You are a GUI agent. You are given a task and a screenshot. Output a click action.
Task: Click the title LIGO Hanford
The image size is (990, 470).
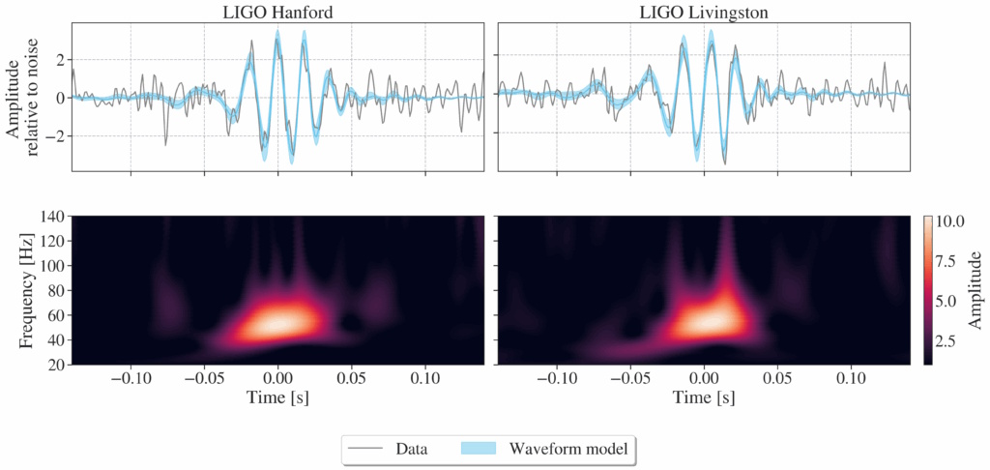tap(277, 11)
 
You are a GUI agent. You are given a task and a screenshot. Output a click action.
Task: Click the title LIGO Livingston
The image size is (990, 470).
tap(704, 11)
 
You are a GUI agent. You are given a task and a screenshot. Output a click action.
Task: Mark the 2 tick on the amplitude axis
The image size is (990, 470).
tap(59, 59)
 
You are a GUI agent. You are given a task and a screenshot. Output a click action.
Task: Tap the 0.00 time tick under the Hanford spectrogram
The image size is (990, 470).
tap(278, 378)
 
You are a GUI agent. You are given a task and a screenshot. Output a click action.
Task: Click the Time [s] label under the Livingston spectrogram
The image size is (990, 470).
tap(704, 397)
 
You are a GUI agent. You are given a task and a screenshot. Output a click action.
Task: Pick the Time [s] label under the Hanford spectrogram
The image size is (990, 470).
tap(277, 397)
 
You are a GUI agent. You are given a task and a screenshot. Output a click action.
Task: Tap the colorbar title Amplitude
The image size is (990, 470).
tap(975, 289)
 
